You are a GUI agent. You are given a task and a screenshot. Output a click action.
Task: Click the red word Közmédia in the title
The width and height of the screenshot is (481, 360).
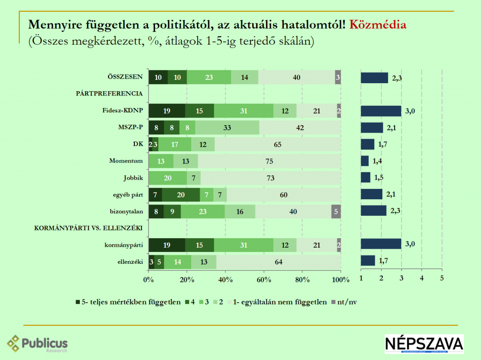(x=378, y=24)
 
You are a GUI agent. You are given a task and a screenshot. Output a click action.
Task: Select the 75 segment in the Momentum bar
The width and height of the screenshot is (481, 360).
(x=269, y=161)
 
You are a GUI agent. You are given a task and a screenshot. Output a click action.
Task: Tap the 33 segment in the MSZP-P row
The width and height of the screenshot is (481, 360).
(x=227, y=127)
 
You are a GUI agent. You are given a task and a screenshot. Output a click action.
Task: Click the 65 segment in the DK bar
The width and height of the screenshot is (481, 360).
(x=278, y=144)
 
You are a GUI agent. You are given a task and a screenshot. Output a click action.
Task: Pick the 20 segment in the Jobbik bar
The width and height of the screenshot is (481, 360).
(x=168, y=178)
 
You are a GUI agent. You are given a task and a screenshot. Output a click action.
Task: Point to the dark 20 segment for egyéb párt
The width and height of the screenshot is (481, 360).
(x=181, y=195)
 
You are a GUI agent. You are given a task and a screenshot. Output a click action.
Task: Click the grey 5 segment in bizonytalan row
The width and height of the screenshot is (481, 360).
(x=336, y=211)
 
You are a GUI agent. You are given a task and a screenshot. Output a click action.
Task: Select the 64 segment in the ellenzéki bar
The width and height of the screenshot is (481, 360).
(x=279, y=262)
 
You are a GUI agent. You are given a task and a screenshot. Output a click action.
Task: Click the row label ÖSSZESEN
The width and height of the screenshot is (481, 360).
(x=124, y=77)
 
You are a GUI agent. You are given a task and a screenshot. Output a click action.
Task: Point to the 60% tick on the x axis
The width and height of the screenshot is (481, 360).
(x=264, y=280)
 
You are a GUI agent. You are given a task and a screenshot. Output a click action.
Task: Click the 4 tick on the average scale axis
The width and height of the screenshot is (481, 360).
(x=421, y=278)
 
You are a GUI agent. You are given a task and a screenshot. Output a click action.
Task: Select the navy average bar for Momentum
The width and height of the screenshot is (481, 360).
(x=365, y=161)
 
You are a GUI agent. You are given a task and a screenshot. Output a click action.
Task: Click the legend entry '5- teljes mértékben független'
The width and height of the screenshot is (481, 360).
(x=127, y=302)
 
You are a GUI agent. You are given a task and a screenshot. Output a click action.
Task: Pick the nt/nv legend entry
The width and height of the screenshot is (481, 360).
(x=344, y=302)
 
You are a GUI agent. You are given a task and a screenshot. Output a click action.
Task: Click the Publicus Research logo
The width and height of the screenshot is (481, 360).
(x=38, y=344)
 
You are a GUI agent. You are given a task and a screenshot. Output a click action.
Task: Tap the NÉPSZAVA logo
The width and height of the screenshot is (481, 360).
(x=424, y=344)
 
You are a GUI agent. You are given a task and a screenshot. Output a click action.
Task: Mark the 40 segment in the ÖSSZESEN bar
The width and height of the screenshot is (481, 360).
(x=296, y=77)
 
